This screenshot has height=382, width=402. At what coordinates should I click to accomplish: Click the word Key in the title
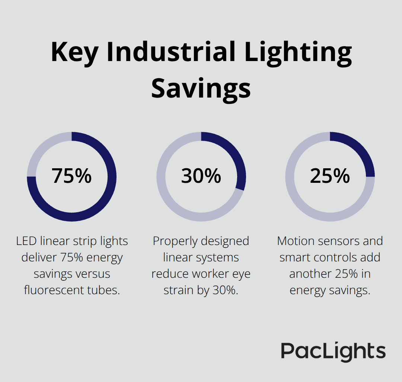click(x=74, y=52)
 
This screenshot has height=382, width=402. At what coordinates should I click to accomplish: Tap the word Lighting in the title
click(x=298, y=52)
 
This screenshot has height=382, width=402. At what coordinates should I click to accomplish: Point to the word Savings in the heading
click(x=201, y=88)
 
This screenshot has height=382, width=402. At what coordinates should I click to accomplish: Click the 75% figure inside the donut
click(x=71, y=176)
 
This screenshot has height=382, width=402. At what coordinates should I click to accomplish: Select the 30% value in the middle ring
click(x=201, y=176)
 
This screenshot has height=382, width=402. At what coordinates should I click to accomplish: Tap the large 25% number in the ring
click(x=330, y=176)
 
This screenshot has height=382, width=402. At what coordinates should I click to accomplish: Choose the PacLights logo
click(x=333, y=351)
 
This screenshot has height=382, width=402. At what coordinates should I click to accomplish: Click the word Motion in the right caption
click(x=295, y=241)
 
